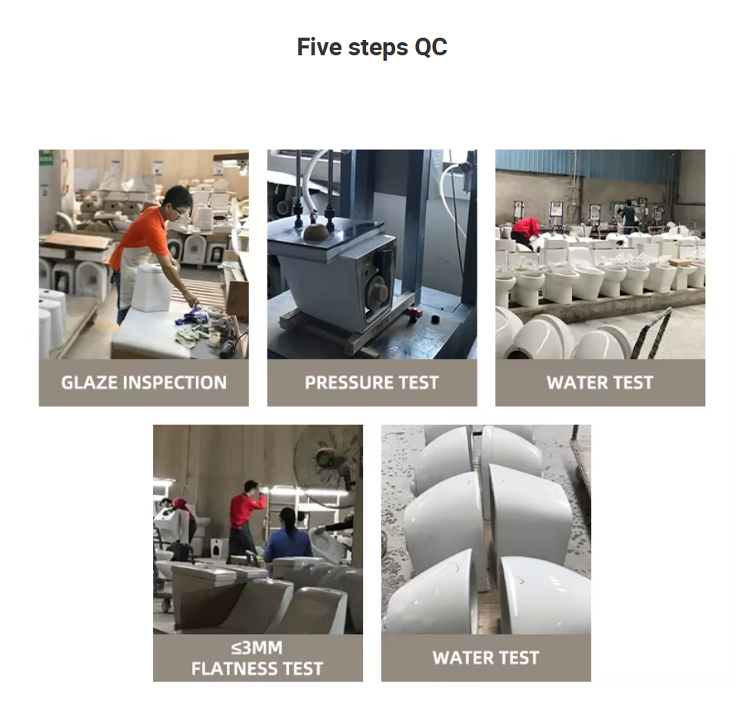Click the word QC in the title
point(431,47)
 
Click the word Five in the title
point(319,47)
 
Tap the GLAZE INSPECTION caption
point(144,383)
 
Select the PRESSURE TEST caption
point(371,383)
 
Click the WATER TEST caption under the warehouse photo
point(600,383)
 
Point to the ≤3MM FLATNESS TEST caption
point(258,658)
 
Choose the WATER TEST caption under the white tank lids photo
point(486,658)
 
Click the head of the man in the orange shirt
point(178,200)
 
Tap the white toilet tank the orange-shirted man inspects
point(152,287)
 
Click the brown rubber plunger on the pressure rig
point(316,231)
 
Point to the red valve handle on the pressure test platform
point(414,314)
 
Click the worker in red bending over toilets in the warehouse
point(526,231)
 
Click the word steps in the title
point(378,48)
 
